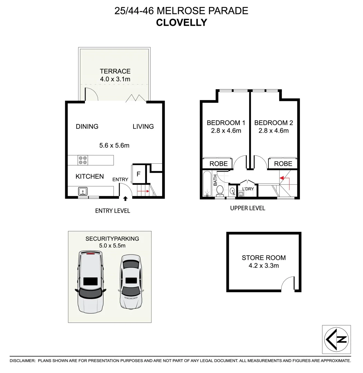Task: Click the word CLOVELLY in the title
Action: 181,22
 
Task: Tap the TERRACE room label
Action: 115,71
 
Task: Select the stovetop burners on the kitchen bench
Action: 83,160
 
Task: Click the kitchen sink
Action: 83,191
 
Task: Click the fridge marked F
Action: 138,174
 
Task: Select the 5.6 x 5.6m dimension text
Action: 114,145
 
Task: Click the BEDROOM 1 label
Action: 226,123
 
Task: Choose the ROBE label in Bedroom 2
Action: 283,164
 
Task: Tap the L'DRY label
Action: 248,189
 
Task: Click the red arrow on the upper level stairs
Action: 284,179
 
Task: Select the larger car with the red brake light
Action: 90,281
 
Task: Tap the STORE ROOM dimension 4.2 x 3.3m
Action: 264,266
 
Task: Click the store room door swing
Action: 287,285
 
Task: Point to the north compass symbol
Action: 336,339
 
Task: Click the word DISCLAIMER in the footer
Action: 22,361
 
